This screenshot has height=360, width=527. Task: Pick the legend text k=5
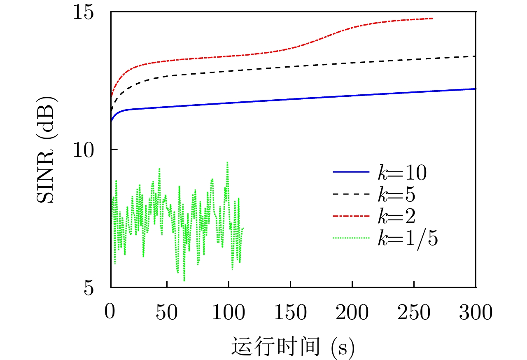coord(396,196)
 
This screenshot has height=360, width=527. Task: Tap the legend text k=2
coord(396,217)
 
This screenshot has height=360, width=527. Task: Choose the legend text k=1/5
coord(408,238)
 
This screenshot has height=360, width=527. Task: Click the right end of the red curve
coord(432,19)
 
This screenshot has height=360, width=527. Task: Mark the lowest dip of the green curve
coord(184,281)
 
